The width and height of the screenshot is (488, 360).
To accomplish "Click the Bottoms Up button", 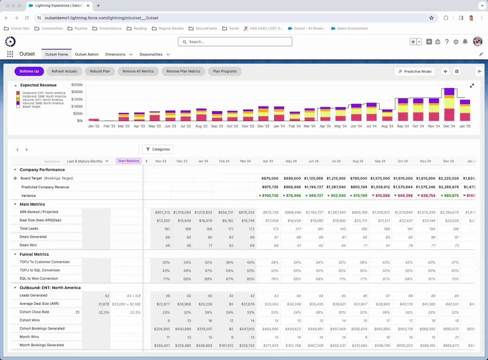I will coord(30,72).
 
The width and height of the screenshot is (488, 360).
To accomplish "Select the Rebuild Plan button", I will coord(100,72).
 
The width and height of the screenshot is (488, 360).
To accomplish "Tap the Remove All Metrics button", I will coord(138,72).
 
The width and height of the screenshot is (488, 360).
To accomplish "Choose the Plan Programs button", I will coord(224,72).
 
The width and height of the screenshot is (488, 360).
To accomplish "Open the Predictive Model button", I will coord(415,72).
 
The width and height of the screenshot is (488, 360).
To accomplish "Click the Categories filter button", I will coord(158,149).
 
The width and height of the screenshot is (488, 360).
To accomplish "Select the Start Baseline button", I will coord(129,161).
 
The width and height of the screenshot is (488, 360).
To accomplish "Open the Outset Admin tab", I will coord(87,54).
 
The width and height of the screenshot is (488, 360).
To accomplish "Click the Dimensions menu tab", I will coord(119,54).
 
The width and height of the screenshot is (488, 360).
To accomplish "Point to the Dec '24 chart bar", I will coord(449,105).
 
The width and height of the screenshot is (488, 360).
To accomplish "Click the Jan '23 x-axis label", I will coord(94,126).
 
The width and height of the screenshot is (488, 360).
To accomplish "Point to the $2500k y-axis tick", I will coord(77,84).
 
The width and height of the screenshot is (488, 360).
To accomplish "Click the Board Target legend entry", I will coord(31,107).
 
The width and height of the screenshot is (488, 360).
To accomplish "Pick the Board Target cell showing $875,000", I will coord(269,178).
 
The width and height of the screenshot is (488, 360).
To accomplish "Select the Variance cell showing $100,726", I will coord(269,195).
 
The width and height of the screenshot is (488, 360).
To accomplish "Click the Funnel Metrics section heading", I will coord(34,255).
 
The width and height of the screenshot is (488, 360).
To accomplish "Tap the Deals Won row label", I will coord(29,245).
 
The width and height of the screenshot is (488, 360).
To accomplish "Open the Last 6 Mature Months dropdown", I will coord(88,161).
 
